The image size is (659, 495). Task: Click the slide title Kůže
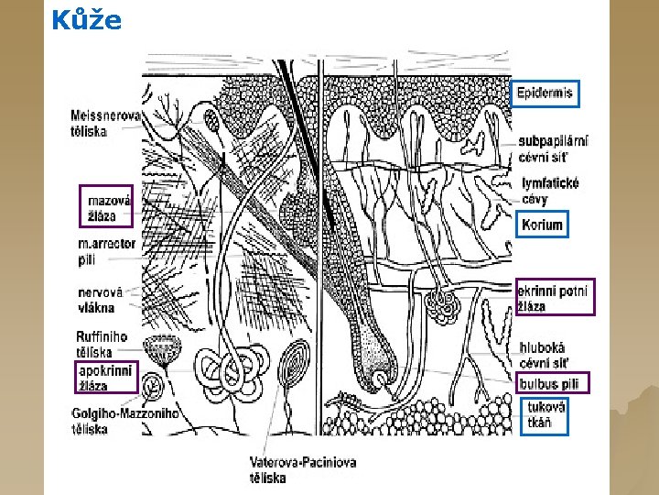coord(86,19)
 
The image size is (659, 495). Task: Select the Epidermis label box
coord(546,93)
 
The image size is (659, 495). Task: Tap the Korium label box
coord(541,225)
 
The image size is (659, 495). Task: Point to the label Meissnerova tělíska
coord(105,124)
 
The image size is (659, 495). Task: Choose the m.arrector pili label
coord(106,251)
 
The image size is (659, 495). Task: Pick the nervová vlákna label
coord(96,300)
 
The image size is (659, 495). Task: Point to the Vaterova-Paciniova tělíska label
coord(302,469)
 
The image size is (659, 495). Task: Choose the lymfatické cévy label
coord(549,191)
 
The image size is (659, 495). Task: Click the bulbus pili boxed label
coord(553,383)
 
